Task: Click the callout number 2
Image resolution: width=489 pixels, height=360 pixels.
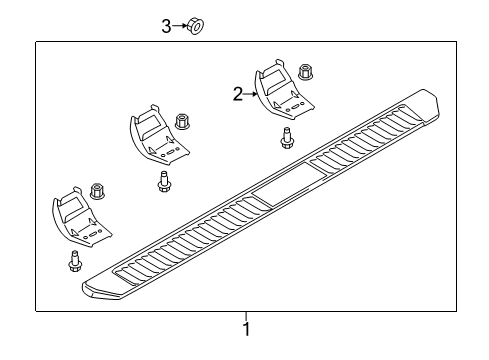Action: click(238, 95)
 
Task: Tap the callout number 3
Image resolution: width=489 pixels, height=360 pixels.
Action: click(167, 27)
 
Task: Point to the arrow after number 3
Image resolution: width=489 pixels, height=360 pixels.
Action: click(180, 27)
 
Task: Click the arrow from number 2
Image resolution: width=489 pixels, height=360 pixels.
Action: click(251, 95)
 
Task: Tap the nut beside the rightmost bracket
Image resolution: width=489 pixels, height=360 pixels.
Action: click(307, 73)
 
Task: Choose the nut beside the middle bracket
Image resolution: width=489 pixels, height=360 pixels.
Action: click(183, 122)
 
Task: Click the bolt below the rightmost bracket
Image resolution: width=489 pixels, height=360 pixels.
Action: click(288, 138)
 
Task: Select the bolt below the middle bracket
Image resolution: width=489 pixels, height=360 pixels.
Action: click(163, 182)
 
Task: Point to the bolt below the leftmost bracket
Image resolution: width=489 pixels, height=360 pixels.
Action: click(75, 262)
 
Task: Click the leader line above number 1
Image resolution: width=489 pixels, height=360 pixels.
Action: click(245, 319)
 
